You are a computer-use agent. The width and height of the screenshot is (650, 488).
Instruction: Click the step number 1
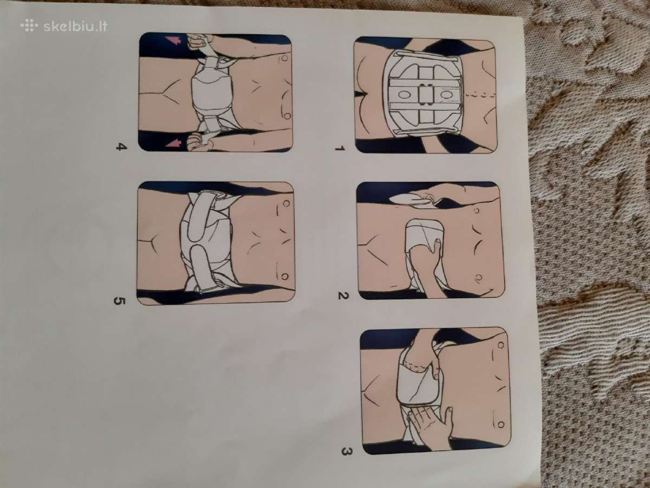(x=340, y=148)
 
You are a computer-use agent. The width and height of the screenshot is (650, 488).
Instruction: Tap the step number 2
(x=343, y=295)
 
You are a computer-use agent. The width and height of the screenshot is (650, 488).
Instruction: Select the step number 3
(x=347, y=452)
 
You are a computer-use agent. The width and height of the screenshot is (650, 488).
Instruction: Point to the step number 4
(x=121, y=146)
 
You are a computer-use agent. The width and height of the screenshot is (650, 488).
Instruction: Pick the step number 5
(x=119, y=301)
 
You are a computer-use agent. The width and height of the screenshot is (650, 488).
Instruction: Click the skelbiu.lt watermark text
(x=75, y=27)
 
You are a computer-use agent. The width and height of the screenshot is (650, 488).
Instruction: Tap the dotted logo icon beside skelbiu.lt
(x=29, y=25)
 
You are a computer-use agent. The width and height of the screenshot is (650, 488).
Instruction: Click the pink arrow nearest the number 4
(x=173, y=143)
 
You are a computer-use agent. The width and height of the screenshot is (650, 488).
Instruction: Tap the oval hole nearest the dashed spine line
(x=445, y=95)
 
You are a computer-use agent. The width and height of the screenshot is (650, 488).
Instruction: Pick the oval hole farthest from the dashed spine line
(x=404, y=95)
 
